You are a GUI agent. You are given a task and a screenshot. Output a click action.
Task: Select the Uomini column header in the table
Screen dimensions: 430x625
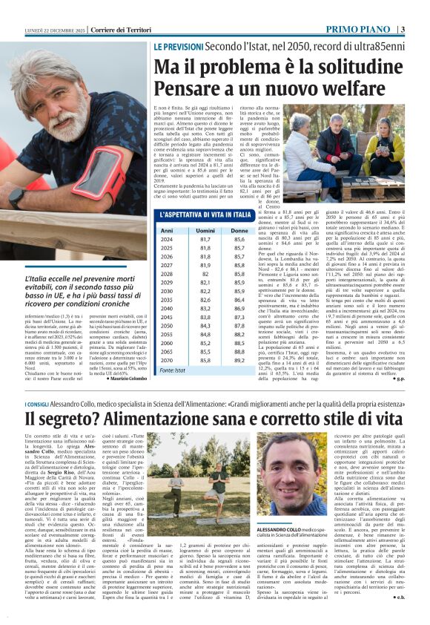[204, 231]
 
